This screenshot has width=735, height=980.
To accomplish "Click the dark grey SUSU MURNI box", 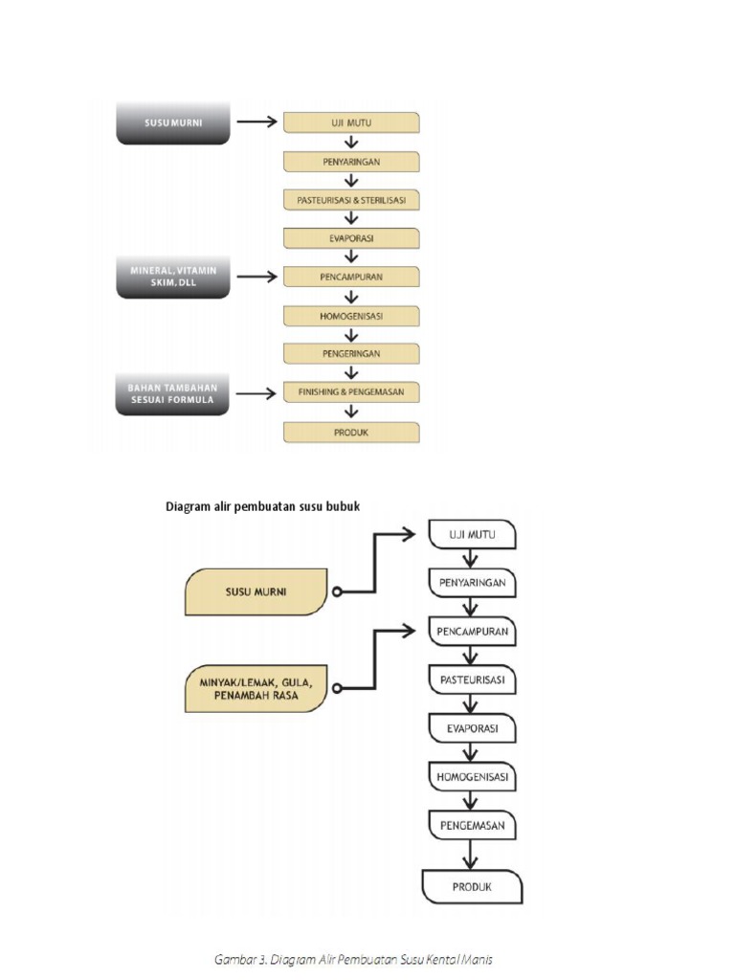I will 173,122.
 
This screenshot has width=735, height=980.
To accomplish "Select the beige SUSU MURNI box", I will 256,591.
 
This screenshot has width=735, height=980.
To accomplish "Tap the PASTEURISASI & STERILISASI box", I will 351,200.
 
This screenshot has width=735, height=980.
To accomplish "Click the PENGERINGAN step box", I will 351,353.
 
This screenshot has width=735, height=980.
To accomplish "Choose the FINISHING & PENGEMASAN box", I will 351,392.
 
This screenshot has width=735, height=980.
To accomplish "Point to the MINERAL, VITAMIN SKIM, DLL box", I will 173,278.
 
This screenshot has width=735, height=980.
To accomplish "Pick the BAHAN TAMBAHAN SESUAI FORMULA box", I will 173,394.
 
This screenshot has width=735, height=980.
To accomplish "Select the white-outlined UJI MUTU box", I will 471,534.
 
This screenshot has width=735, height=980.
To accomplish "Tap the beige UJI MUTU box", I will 351,122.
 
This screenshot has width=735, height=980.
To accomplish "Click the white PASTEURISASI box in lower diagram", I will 471,680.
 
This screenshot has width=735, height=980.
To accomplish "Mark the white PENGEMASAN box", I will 471,823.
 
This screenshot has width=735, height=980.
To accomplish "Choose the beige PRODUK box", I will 351,432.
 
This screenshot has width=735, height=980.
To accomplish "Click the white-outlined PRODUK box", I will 471,886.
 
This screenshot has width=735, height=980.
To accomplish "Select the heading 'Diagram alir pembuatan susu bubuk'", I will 263,506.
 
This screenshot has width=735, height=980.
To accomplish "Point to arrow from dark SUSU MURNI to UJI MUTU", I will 256,122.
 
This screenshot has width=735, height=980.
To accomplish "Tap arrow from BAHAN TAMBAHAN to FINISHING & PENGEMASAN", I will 256,393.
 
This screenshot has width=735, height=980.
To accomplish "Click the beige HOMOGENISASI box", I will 351,316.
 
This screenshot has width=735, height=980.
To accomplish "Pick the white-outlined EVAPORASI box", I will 471,728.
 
